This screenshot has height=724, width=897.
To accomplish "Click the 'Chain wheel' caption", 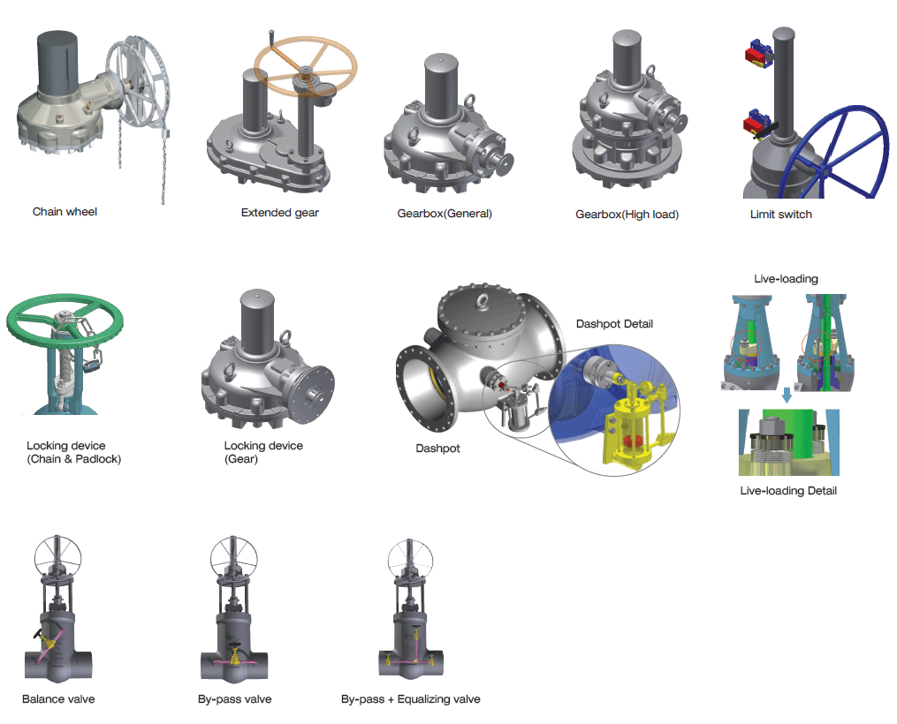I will point(65,212).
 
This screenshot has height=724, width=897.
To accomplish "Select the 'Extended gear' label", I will point(280,213).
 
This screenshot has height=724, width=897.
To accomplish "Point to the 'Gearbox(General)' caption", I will point(445,214).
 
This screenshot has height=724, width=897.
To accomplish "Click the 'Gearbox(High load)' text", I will point(627,215).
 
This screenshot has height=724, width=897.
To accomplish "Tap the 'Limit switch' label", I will point(780,215).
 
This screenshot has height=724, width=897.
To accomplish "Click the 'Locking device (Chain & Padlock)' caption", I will point(74,452).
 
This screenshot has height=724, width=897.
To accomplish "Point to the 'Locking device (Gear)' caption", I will point(263,452).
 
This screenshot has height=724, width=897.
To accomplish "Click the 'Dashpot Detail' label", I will point(614,324).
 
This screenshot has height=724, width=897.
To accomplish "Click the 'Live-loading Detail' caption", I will point(788,491).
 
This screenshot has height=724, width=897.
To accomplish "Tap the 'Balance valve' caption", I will point(58,699).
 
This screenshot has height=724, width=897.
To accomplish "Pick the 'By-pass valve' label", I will point(235,699).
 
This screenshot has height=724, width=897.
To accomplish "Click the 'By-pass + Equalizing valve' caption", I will point(411,699).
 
